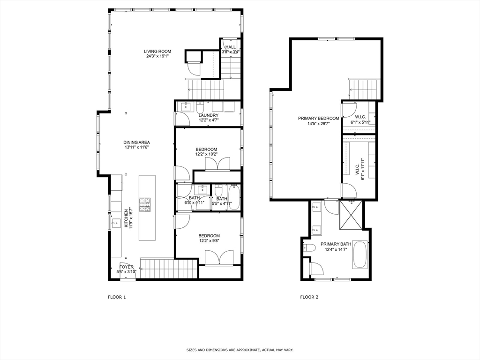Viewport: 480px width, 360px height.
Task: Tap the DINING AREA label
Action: point(136,142)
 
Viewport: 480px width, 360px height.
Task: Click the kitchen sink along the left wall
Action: point(116,223)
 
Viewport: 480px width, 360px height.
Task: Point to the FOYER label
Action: point(127,267)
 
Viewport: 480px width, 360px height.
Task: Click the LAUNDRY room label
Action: point(208,115)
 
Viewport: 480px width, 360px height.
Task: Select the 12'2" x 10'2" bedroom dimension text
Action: point(206,154)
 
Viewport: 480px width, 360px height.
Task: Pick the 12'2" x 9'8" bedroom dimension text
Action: point(209,240)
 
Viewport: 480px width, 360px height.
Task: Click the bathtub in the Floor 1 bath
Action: point(233,197)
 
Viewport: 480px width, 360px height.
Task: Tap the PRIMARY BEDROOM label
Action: point(318,118)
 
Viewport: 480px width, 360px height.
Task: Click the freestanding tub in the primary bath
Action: point(360,255)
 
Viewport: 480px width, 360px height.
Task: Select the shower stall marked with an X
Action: point(351,215)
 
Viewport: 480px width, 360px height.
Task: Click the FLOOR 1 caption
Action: point(117,297)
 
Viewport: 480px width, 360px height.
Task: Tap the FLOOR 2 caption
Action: point(309,297)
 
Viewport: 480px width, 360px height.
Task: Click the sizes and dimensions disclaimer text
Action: point(240,350)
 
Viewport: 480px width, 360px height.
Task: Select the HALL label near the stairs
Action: point(231,47)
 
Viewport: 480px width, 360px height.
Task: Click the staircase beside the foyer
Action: point(169,269)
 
